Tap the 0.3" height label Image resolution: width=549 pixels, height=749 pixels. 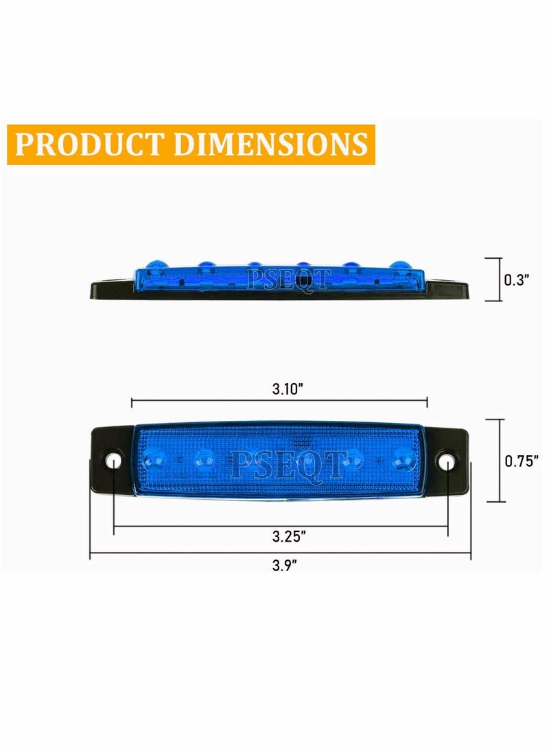point(516,279)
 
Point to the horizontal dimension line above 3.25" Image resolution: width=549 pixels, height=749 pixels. point(280,526)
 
